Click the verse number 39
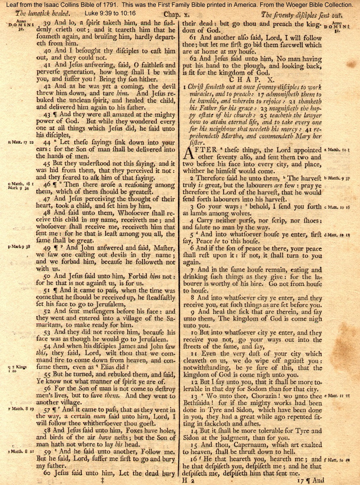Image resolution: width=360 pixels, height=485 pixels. coord(47,23)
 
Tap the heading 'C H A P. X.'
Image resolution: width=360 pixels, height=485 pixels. coord(252,79)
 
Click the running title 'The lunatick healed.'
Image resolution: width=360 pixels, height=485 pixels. coord(43,14)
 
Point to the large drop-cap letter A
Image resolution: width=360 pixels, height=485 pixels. coord(189,153)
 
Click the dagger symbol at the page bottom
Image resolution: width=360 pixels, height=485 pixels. coord(103,480)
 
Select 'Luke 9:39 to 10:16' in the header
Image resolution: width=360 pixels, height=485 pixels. coord(110,14)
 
